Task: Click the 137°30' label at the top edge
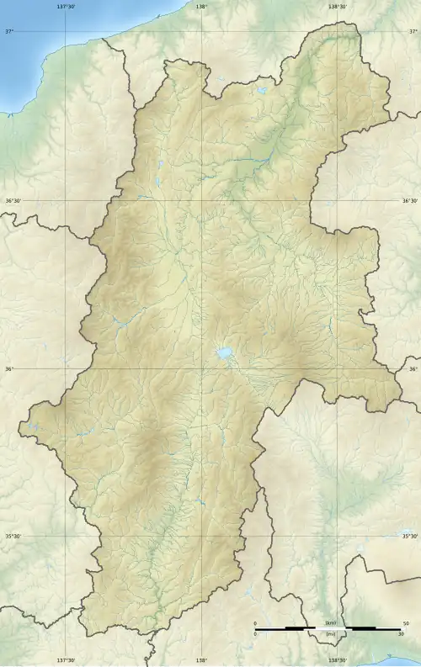66,6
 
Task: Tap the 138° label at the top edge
200,6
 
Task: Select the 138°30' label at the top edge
336,6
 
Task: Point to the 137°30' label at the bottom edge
66,660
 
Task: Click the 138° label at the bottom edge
200,660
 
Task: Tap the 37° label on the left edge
9,32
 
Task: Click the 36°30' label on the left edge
13,201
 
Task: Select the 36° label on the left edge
9,369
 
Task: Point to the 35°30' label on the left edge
13,536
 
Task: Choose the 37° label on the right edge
413,32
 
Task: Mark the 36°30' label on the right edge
409,201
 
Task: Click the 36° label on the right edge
413,369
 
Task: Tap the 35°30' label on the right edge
409,536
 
